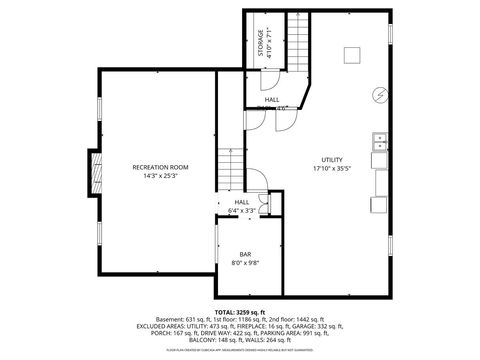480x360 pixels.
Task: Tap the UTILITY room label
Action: pos(332,160)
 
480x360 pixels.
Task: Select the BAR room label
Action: pos(245,254)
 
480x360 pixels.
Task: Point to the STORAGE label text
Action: pos(258,44)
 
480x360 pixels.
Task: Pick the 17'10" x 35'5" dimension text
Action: pos(332,169)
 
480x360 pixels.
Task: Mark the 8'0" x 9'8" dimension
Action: pos(245,263)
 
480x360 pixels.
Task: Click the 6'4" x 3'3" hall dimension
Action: pos(241,211)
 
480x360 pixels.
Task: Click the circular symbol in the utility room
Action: pos(379,96)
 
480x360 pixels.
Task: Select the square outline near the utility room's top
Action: pos(352,55)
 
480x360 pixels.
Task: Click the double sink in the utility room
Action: pos(380,150)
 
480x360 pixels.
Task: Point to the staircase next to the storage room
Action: pos(297,42)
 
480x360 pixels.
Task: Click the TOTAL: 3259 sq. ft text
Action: pos(241,311)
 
